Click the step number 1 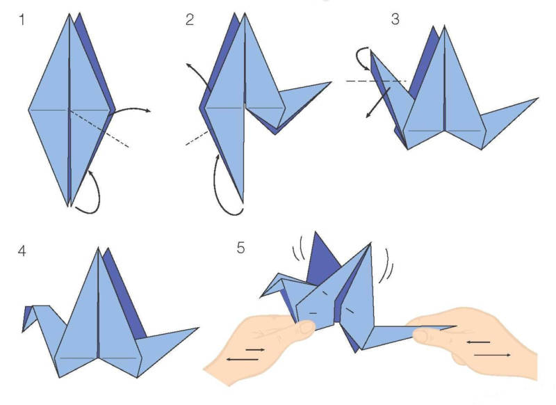click(22, 19)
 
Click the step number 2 click(190, 19)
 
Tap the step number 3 click(395, 19)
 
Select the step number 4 click(22, 251)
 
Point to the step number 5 click(240, 248)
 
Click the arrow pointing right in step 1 click(132, 109)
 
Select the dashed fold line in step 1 click(99, 128)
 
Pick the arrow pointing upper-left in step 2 click(197, 74)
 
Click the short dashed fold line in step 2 click(197, 138)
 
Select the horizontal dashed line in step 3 click(377, 81)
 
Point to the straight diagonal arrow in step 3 click(378, 102)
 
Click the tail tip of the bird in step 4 click(198, 328)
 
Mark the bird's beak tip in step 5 click(261, 296)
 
